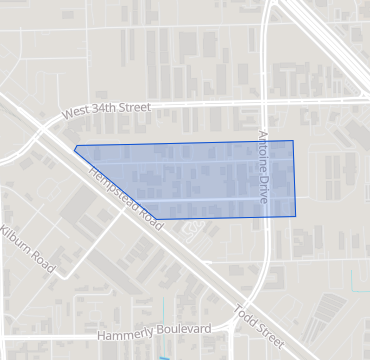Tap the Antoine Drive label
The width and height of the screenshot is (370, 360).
[265, 168]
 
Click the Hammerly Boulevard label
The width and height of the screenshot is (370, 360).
[154, 329]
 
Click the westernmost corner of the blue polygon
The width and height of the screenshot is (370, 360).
[75, 148]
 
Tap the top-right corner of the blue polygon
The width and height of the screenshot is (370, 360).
[293, 141]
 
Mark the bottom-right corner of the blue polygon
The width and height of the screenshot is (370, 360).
[296, 216]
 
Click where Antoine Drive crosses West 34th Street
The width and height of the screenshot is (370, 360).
[262, 102]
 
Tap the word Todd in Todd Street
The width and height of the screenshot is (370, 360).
[240, 313]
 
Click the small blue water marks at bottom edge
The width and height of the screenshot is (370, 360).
[161, 354]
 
